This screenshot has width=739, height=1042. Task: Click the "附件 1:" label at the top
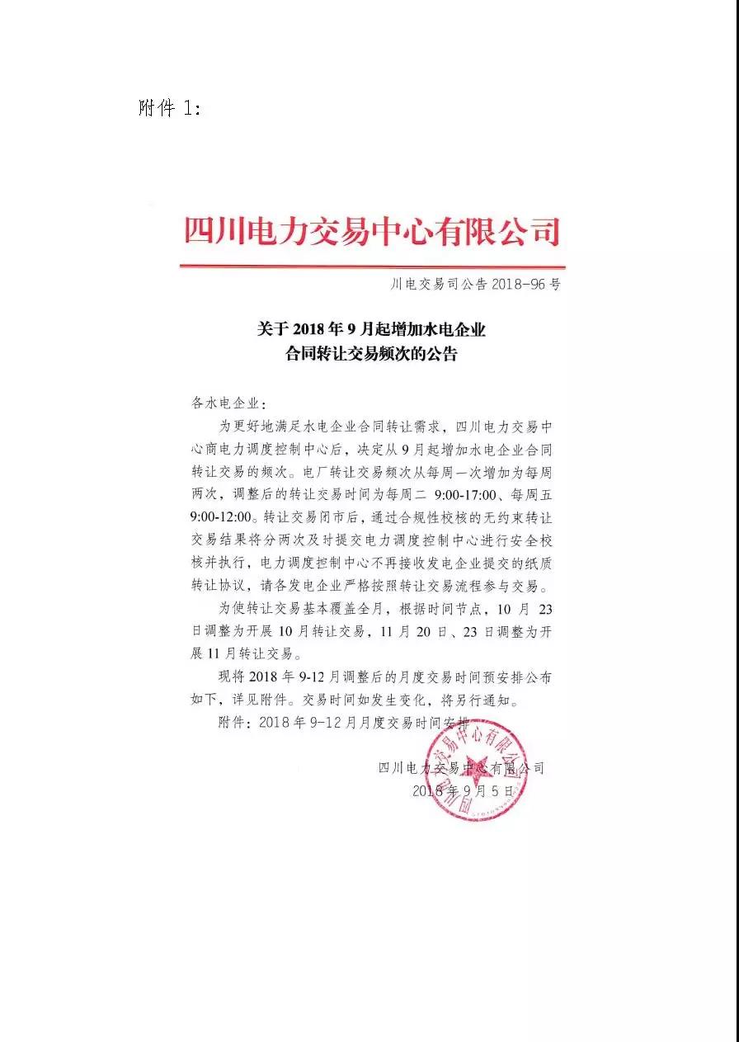pos(169,109)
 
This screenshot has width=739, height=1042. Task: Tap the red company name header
pos(372,231)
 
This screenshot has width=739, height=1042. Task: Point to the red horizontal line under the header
pos(372,266)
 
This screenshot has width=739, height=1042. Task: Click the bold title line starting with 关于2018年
pos(371,330)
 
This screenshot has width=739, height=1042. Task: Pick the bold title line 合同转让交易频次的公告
pos(371,356)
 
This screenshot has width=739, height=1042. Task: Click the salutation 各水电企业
pos(226,403)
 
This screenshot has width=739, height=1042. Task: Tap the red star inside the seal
pos(477,766)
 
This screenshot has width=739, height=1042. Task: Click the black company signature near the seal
pos(461,767)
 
